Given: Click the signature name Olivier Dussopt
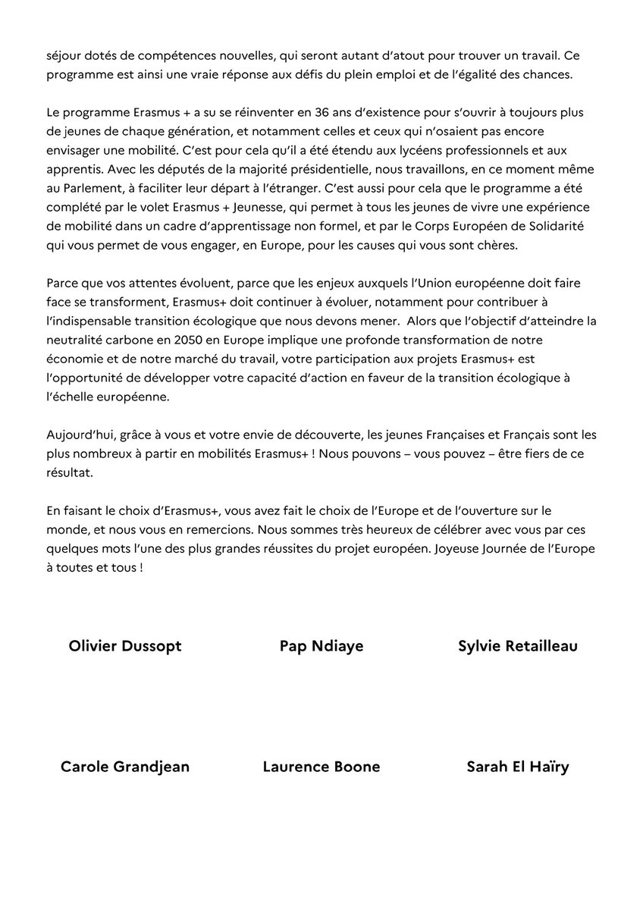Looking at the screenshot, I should tap(125, 646).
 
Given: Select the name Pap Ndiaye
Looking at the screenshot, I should tap(321, 646).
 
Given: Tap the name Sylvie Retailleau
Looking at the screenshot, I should tap(518, 646).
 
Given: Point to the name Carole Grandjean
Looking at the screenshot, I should tap(125, 767).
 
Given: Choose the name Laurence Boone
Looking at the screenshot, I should tap(321, 767).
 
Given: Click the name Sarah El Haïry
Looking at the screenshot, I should tap(518, 767).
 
